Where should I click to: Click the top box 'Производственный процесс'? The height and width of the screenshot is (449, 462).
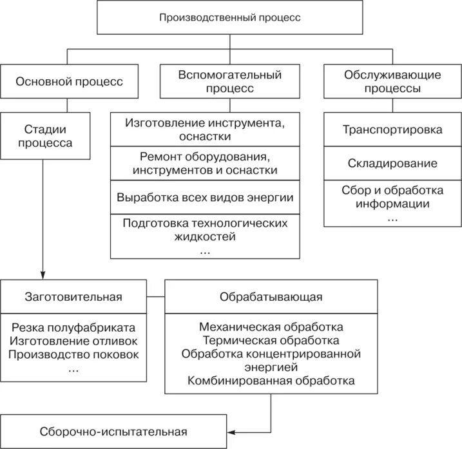pyautogui.click(x=230, y=17)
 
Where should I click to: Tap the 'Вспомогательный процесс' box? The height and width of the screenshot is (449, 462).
pyautogui.click(x=230, y=82)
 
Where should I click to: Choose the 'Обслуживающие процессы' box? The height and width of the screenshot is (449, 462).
pyautogui.click(x=392, y=82)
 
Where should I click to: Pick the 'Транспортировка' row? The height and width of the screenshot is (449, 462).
pyautogui.click(x=392, y=129)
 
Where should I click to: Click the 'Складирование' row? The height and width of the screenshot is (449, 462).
pyautogui.click(x=392, y=164)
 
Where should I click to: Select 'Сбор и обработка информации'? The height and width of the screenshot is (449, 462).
pyautogui.click(x=392, y=198)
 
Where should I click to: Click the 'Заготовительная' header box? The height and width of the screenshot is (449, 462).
pyautogui.click(x=73, y=297)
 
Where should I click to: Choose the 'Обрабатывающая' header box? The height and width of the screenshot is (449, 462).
pyautogui.click(x=271, y=297)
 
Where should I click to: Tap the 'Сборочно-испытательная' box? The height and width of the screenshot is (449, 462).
pyautogui.click(x=113, y=432)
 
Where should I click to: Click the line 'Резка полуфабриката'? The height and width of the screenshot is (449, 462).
pyautogui.click(x=73, y=327)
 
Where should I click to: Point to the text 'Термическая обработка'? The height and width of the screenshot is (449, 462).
pyautogui.click(x=271, y=340)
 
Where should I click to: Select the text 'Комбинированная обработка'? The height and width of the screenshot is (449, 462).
pyautogui.click(x=271, y=381)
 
